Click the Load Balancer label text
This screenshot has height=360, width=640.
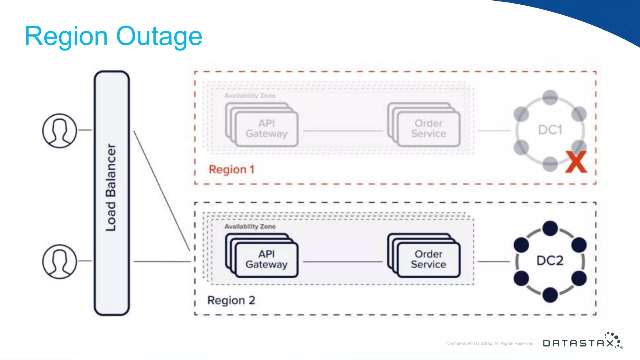[x=111, y=187]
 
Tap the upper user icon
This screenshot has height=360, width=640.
[x=59, y=131]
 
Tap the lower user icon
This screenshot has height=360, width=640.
[x=59, y=262]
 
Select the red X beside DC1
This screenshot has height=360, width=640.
[x=576, y=162]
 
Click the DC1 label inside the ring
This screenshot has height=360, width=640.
[x=550, y=130]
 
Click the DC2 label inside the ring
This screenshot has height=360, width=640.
[x=550, y=260]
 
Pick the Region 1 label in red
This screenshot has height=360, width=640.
[x=232, y=170]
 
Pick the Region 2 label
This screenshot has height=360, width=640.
[x=231, y=300]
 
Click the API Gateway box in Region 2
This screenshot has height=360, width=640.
[x=266, y=259]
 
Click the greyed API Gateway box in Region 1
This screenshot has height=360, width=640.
[x=266, y=128]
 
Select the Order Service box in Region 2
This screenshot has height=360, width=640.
[x=428, y=259]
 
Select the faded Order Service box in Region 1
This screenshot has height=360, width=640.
[x=428, y=128]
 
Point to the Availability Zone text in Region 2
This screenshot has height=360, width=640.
[x=250, y=227]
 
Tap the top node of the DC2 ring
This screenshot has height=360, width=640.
[x=550, y=228]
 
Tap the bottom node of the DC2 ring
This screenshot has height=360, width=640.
[x=550, y=295]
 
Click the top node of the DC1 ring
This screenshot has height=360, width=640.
[x=550, y=97]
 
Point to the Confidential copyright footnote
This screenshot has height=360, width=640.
[x=490, y=343]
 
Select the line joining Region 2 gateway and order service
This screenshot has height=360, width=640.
[x=342, y=262]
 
